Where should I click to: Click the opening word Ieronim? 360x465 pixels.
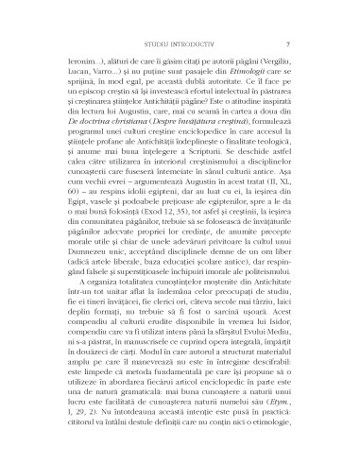72,60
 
